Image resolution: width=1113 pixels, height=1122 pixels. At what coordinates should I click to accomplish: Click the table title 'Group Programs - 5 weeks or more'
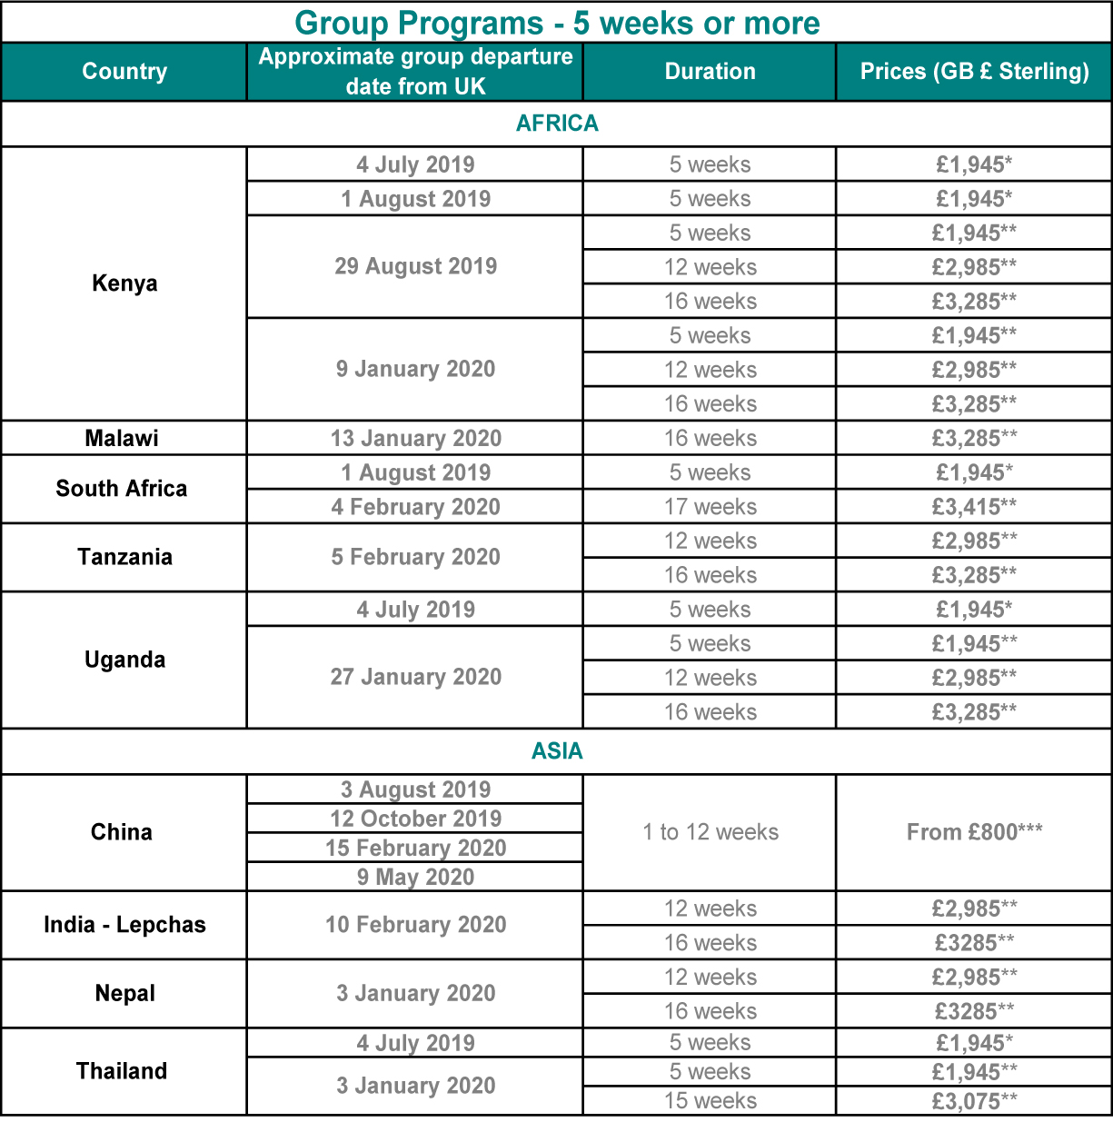(x=557, y=23)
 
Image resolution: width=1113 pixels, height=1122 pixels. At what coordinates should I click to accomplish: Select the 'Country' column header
(x=124, y=72)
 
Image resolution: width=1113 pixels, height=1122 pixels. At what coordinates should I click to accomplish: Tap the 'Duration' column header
(x=710, y=72)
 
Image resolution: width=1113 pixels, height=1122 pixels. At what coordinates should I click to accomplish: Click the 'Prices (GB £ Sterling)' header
(x=974, y=72)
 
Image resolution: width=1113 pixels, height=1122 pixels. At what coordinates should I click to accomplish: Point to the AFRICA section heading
(x=557, y=124)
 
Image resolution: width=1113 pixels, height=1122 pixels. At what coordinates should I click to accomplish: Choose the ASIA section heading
(x=557, y=751)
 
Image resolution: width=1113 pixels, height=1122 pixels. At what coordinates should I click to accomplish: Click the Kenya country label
(x=124, y=283)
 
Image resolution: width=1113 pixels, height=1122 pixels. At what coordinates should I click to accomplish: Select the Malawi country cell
(x=122, y=439)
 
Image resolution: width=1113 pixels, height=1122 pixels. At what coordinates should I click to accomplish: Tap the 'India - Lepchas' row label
(x=124, y=925)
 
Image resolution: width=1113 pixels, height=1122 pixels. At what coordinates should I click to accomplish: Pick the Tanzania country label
(x=124, y=557)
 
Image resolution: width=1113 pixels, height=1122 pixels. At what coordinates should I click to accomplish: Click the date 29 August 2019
(x=415, y=267)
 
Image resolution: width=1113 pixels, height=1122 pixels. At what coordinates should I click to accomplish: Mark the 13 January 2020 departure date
(x=415, y=439)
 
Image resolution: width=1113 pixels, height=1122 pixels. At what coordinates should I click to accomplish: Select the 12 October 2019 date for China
(x=415, y=819)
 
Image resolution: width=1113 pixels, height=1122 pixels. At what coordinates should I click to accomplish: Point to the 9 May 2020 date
(x=415, y=877)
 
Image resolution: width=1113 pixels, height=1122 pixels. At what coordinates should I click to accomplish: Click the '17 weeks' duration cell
(x=710, y=507)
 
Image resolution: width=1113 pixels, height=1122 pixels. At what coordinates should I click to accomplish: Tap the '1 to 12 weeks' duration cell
(x=710, y=832)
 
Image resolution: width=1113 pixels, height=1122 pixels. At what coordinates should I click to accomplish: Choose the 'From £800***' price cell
(x=974, y=832)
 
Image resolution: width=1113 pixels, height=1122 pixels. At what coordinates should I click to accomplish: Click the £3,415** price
(x=974, y=507)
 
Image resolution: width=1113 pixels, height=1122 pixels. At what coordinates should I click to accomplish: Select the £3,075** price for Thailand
(x=974, y=1101)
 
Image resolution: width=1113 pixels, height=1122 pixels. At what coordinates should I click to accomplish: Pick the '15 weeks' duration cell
(x=710, y=1101)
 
